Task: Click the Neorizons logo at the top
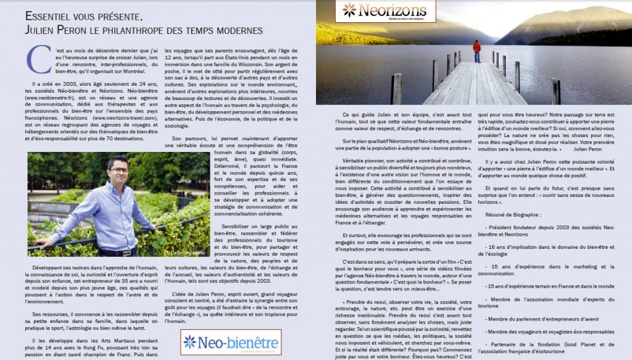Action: click(385, 10)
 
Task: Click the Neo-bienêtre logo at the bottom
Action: click(231, 341)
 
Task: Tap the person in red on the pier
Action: click(476, 51)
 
